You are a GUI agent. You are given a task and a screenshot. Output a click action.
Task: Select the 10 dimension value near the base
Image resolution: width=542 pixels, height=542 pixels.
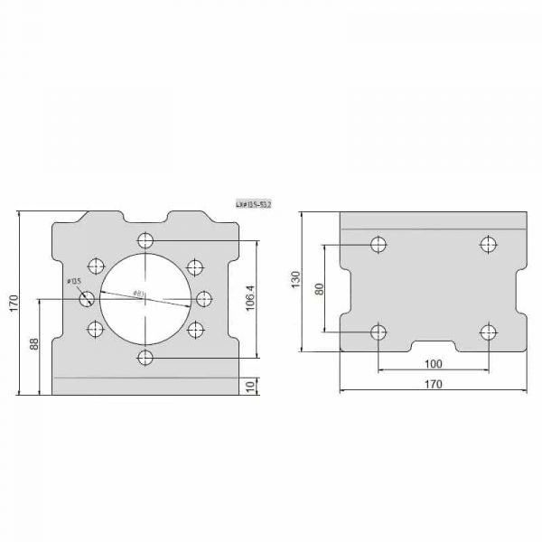click(250, 387)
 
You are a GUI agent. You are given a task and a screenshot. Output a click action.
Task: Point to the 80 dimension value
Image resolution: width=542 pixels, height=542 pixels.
click(318, 288)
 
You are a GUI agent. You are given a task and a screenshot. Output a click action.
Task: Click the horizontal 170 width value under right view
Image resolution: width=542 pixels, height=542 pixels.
click(433, 384)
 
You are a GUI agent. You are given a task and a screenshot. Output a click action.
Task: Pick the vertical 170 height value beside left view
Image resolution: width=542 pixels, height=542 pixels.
click(13, 304)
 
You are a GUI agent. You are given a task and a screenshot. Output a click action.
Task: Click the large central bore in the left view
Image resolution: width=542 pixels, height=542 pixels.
click(145, 299)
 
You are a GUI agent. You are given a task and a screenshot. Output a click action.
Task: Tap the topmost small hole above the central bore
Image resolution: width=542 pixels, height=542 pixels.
click(145, 240)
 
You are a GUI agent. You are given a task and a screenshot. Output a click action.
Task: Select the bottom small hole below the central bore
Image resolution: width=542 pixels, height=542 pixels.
click(145, 359)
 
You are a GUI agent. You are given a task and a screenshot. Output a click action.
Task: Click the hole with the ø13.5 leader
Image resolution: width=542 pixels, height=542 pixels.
click(88, 299)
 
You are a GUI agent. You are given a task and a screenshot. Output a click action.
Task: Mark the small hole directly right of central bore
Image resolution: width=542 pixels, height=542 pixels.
click(203, 299)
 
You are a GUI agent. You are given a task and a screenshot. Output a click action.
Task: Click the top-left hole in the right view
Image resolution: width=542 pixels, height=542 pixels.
click(379, 244)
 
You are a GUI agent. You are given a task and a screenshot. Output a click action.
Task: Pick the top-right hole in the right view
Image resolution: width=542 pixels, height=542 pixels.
click(488, 244)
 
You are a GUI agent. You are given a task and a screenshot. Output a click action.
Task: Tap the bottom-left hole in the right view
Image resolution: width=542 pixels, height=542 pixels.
click(379, 332)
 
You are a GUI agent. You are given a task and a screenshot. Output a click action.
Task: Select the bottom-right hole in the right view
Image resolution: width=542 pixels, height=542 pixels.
click(488, 332)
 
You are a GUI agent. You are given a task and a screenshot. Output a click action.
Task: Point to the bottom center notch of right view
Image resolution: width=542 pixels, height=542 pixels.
click(433, 345)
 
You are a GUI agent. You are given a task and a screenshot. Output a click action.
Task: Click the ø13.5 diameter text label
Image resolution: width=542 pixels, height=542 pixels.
click(74, 282)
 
